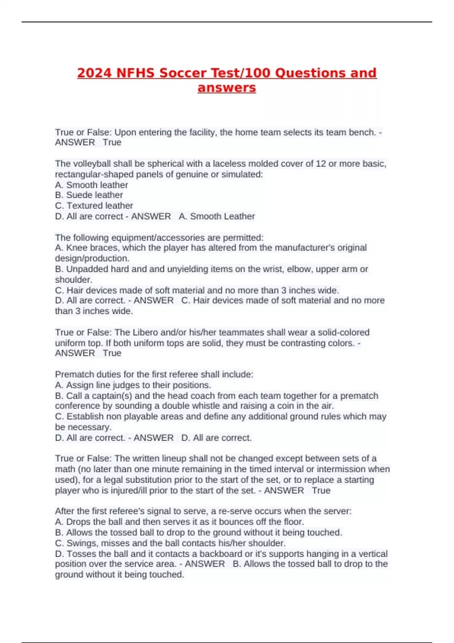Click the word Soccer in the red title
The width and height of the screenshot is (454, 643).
[183, 73]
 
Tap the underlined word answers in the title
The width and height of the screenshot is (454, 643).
[227, 87]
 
